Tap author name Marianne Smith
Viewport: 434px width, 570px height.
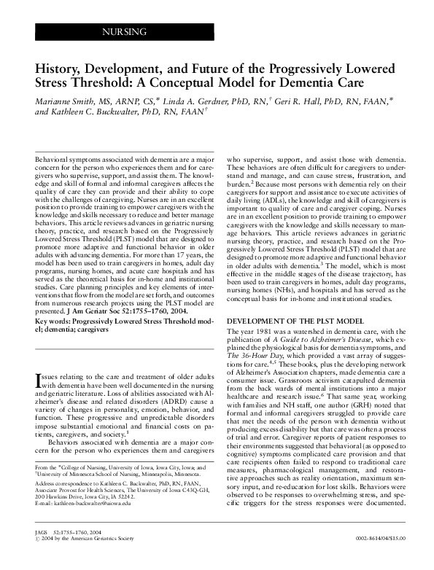coord(65,100)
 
